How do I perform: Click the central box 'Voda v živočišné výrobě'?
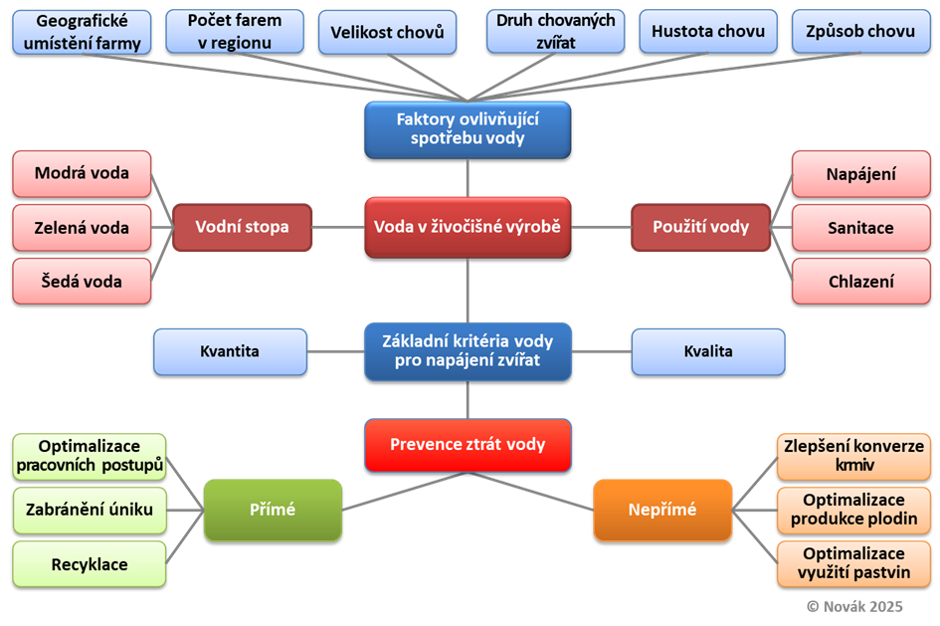click(x=467, y=227)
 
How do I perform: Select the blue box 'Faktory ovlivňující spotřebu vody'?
click(x=467, y=129)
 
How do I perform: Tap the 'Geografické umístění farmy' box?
click(x=82, y=32)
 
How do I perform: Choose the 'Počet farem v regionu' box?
click(x=234, y=32)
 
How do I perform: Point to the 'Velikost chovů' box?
click(x=387, y=32)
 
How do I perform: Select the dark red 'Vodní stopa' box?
click(x=243, y=227)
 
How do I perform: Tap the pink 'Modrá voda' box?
click(x=82, y=173)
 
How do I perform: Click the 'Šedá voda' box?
click(x=82, y=282)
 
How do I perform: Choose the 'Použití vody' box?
click(x=701, y=227)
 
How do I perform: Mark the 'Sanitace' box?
click(x=860, y=228)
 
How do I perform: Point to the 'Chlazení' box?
click(x=860, y=282)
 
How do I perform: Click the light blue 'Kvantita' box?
click(x=230, y=351)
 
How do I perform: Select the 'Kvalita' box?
click(x=708, y=351)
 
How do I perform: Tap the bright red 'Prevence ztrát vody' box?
click(x=468, y=444)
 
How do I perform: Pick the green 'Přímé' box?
click(x=273, y=510)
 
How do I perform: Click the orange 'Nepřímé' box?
click(x=662, y=510)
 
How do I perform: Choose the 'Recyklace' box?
click(x=90, y=564)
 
